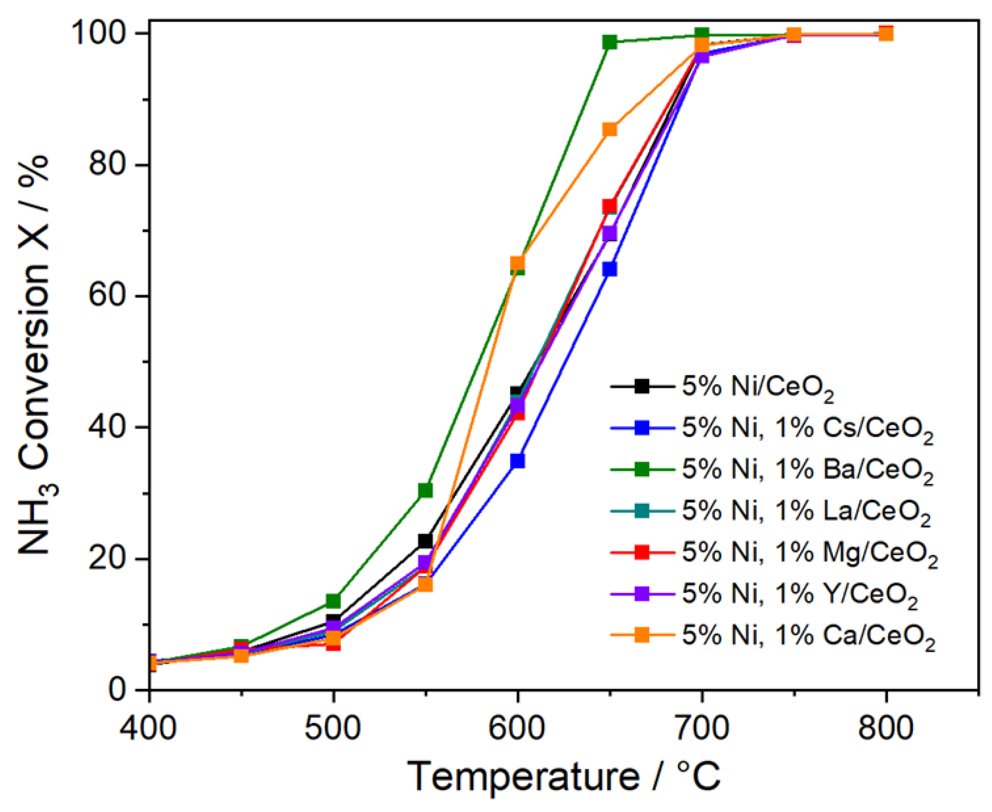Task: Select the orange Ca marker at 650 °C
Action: (609, 129)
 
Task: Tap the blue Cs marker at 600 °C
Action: (517, 461)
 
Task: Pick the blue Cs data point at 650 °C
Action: (609, 270)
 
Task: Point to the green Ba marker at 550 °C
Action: (425, 490)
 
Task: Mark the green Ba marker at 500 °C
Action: (333, 600)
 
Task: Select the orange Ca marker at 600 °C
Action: (517, 263)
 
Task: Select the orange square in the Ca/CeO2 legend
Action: (642, 635)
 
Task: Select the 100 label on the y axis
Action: (101, 34)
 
